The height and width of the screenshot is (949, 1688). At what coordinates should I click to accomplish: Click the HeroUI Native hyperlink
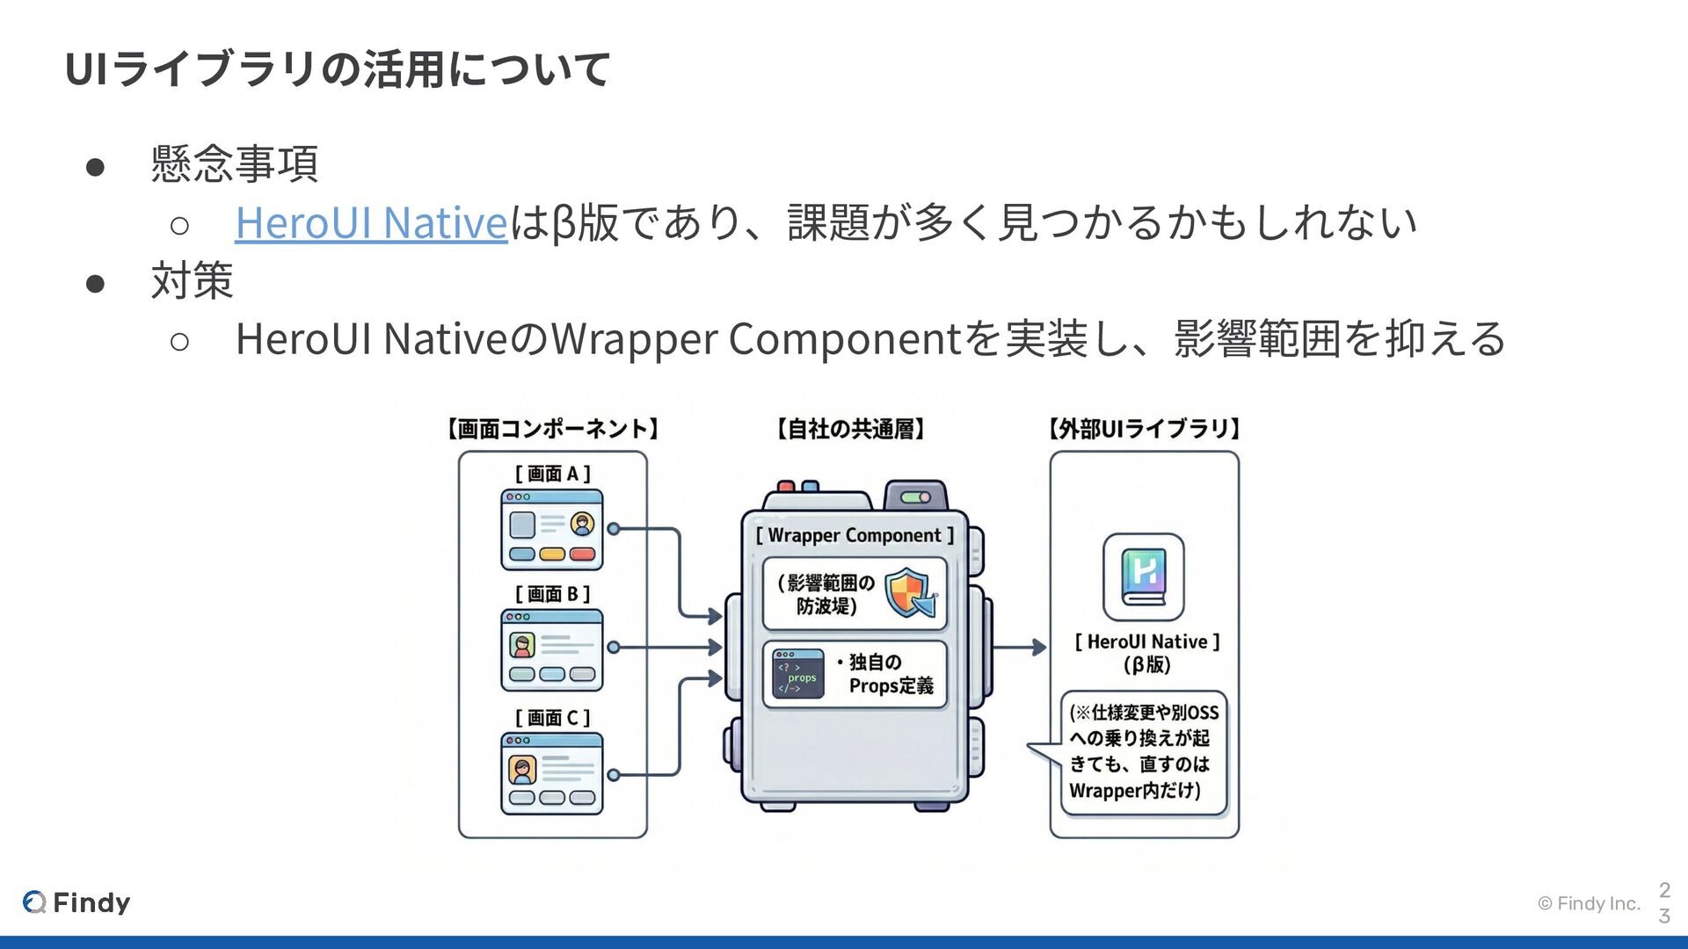(x=371, y=222)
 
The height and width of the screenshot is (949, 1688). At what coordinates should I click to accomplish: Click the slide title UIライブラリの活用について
(x=338, y=69)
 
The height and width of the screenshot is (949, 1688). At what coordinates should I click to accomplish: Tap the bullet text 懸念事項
(x=234, y=164)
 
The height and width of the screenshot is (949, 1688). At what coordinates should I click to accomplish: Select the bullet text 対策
(x=192, y=281)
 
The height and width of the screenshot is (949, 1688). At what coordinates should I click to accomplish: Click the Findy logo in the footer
(x=77, y=902)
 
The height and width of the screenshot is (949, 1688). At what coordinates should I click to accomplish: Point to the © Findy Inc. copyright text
(x=1589, y=903)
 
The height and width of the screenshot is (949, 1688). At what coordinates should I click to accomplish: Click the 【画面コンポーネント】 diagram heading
(x=552, y=429)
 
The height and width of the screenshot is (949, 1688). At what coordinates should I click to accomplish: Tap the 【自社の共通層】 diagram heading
(x=850, y=429)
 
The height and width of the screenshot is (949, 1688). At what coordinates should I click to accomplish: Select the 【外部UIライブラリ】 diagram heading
(x=1144, y=429)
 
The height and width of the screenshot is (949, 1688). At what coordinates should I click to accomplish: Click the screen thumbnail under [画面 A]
(x=552, y=530)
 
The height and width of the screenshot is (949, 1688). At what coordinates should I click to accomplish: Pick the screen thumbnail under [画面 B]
(x=552, y=650)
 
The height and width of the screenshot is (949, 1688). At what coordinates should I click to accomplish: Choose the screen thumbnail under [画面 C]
(x=552, y=773)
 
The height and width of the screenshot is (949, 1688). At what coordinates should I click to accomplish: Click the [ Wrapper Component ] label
(x=855, y=535)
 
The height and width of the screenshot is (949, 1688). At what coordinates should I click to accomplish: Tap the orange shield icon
(x=909, y=593)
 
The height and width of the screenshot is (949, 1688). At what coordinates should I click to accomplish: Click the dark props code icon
(x=797, y=674)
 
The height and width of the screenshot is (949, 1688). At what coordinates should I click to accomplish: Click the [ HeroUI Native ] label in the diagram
(x=1147, y=642)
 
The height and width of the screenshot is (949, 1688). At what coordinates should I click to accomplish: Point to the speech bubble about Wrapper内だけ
(x=1144, y=752)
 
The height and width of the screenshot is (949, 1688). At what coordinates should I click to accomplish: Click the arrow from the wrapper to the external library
(x=1020, y=648)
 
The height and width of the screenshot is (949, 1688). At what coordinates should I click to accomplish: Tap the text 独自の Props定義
(x=889, y=674)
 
